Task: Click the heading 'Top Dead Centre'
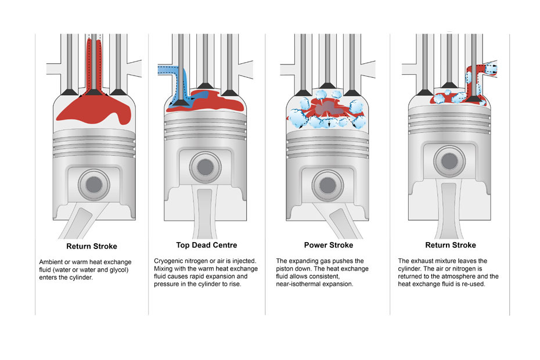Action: click(206, 245)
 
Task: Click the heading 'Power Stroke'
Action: click(328, 245)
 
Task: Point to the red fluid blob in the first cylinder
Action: click(93, 110)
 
